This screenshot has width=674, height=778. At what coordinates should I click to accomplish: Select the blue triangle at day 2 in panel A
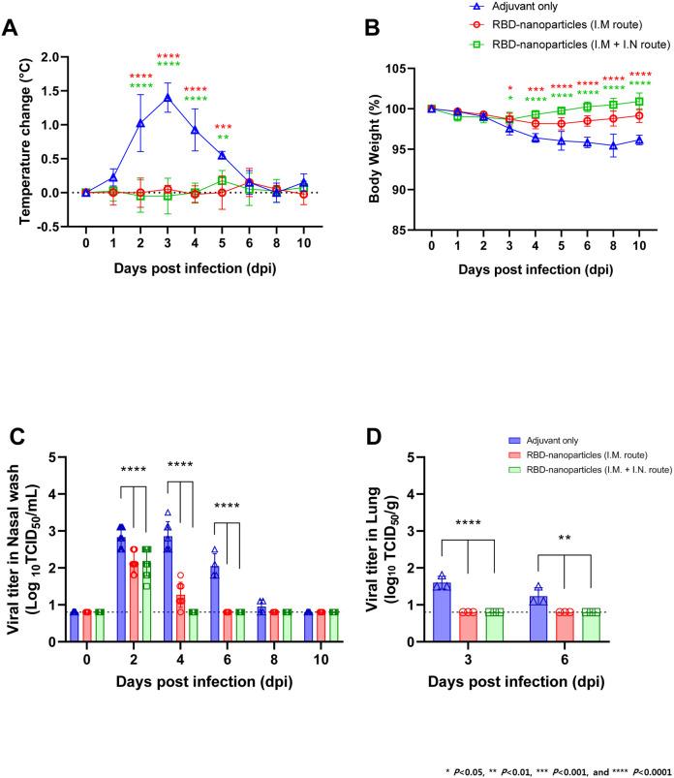(x=140, y=123)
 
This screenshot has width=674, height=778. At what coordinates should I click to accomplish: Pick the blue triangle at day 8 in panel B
(x=608, y=145)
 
